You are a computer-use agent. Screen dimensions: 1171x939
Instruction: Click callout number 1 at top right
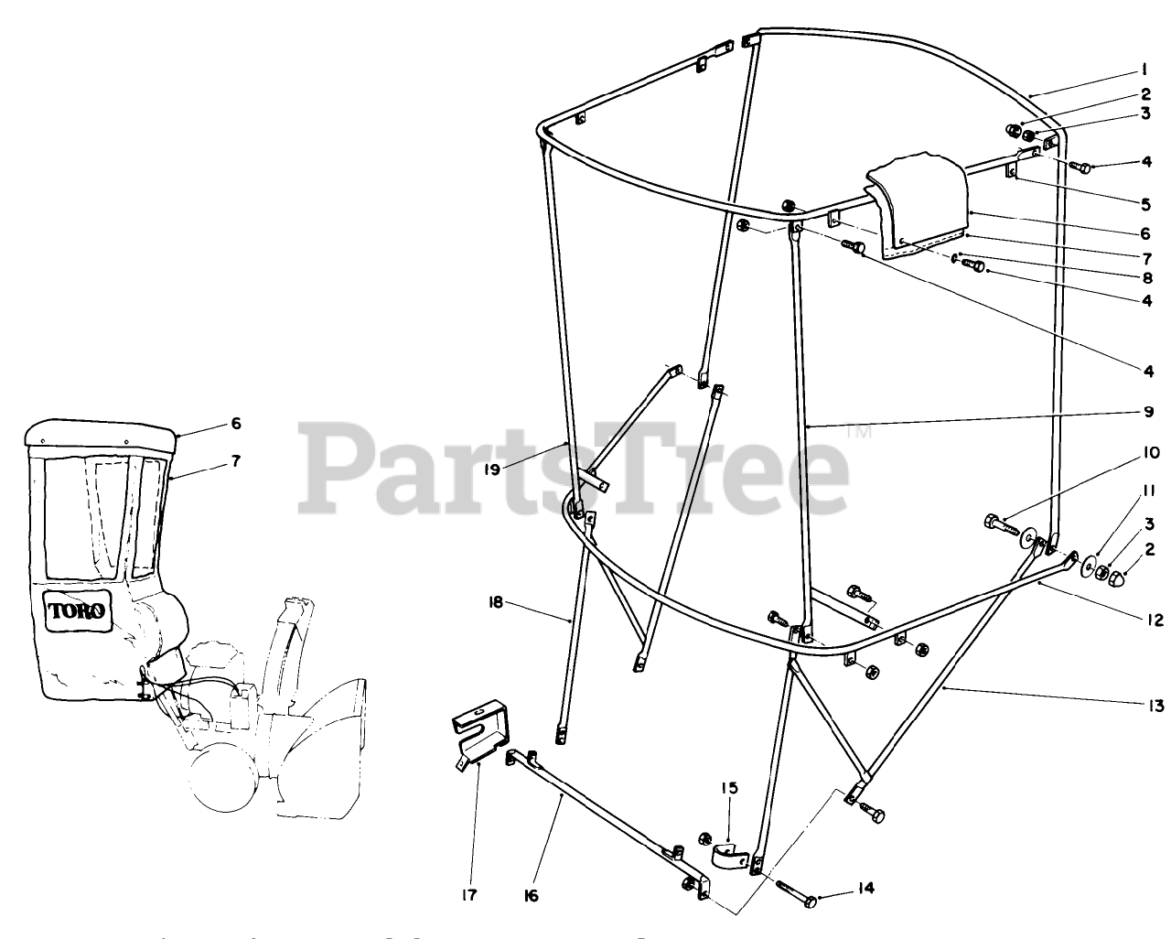tap(1144, 70)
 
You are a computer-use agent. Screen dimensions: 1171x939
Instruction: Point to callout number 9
tap(1146, 412)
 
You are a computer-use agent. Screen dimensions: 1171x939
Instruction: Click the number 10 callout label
tap(1150, 453)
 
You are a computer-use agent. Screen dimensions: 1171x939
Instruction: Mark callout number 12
tap(1157, 621)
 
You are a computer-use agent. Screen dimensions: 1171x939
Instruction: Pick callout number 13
tap(1156, 705)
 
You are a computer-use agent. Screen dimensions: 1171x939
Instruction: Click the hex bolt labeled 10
tap(995, 523)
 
